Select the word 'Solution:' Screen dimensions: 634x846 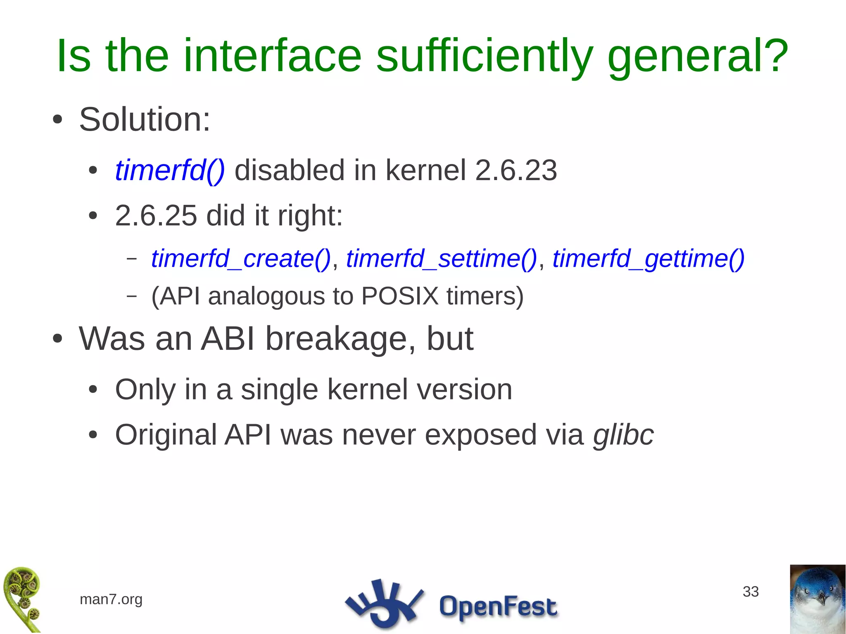(145, 119)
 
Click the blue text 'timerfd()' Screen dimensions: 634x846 (170, 170)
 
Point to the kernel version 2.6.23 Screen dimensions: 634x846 (516, 170)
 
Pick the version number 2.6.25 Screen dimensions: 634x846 (156, 216)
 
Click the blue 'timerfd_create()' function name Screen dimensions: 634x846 (241, 259)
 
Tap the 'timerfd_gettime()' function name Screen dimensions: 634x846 (649, 259)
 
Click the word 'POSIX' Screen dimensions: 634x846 (399, 296)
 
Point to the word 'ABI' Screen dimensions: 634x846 (228, 339)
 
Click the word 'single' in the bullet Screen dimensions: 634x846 (279, 389)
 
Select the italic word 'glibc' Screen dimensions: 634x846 (623, 435)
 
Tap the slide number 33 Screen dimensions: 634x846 (751, 591)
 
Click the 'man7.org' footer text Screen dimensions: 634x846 (111, 599)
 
